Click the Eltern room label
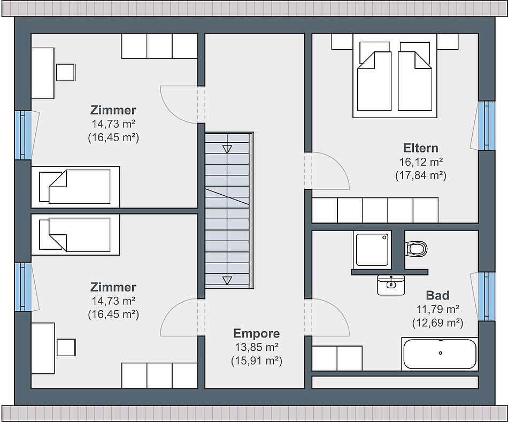point(420,148)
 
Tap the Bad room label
point(437,295)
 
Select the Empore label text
point(256,334)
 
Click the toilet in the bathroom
point(416,249)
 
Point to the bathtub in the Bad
point(440,354)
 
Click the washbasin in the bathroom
point(391,285)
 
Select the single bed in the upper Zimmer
point(75,187)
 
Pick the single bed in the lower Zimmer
point(75,235)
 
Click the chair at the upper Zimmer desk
point(66,72)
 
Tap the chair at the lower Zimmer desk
point(66,347)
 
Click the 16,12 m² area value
point(420,162)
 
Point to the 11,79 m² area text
point(437,309)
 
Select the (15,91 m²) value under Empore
point(256,360)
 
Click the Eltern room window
point(486,126)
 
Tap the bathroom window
point(486,296)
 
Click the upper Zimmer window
point(24,135)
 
